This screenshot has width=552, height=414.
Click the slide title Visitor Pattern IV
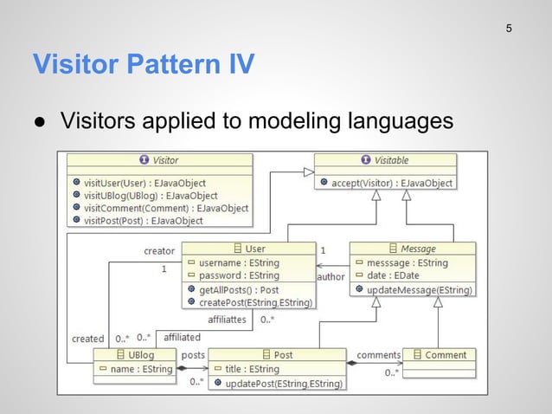click(x=143, y=64)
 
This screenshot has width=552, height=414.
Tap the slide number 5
click(x=509, y=29)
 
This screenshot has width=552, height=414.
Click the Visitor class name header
click(x=159, y=160)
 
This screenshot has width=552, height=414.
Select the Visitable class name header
click(x=384, y=160)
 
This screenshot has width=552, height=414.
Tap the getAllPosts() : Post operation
click(x=241, y=289)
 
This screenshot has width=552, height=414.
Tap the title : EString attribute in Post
click(x=252, y=369)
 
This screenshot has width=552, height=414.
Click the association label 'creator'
click(x=159, y=252)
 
